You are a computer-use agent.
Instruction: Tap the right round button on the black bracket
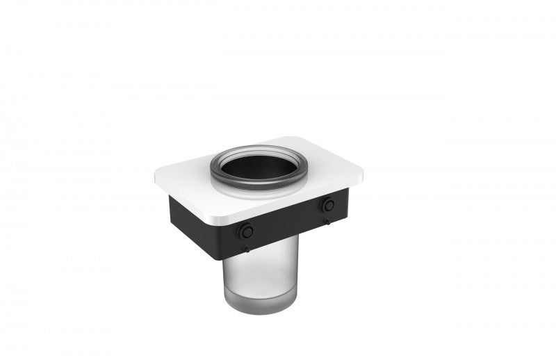pyautogui.click(x=327, y=204)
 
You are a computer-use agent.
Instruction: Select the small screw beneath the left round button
pyautogui.click(x=245, y=248)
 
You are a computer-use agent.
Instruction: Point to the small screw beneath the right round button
pyautogui.click(x=325, y=222)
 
